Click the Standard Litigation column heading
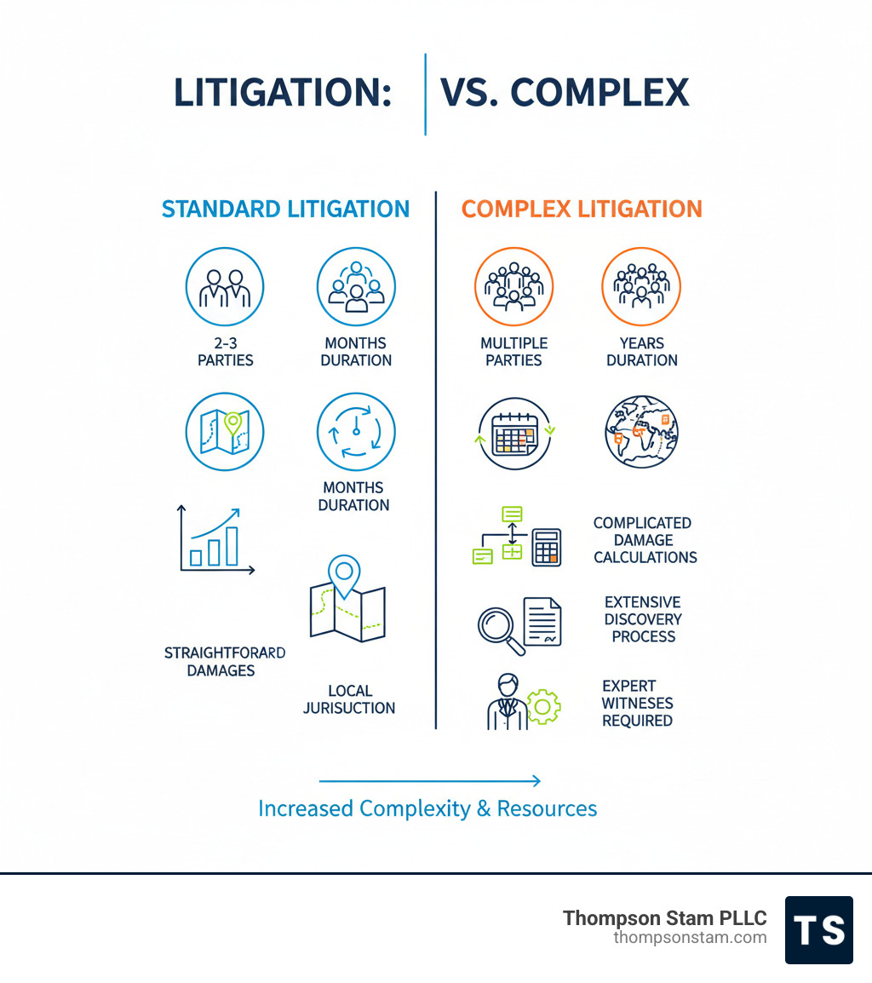pos(285,210)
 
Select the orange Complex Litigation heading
pos(582,210)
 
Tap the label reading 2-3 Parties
pos(225,352)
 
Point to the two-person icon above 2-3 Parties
pos(225,288)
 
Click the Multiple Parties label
pos(513,352)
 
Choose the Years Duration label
pos(642,352)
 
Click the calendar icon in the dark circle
pos(513,434)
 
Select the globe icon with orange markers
pos(641,432)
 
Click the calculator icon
pos(547,547)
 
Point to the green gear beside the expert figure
pos(543,706)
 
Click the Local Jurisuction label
pos(349,699)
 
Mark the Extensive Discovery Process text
pos(643,619)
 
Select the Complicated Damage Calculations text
pos(645,540)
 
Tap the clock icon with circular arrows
pos(355,432)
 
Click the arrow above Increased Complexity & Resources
pos(429,780)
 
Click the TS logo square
pos(818,930)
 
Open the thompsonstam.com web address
pos(690,938)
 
